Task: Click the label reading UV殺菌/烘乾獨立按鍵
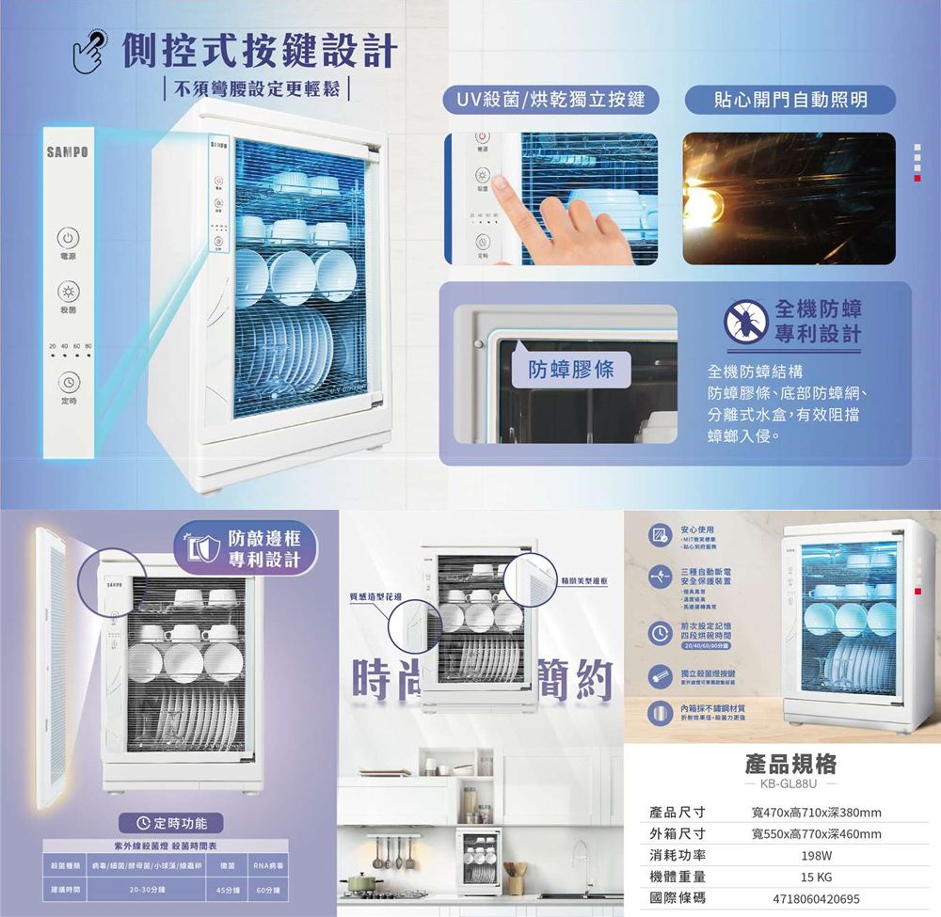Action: coord(550,99)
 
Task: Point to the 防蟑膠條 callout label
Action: coord(569,370)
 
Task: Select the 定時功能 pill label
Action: coord(178,824)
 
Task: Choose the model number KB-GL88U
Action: coord(790,783)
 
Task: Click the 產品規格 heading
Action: coord(790,762)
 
